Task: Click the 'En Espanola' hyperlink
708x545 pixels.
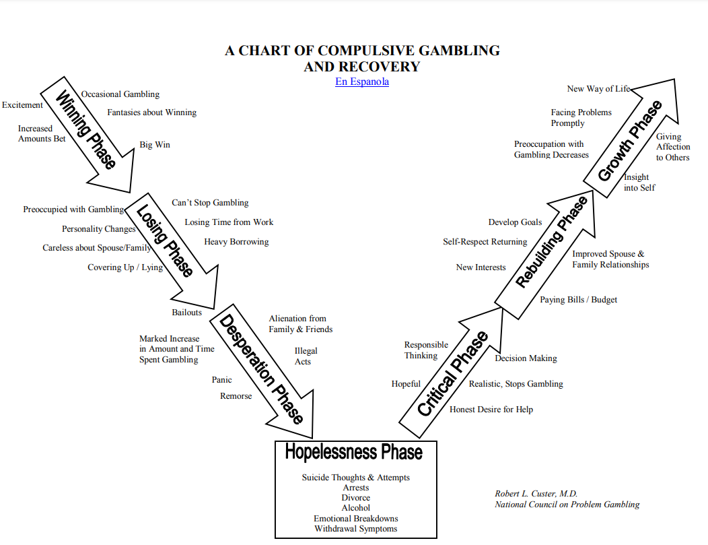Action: click(362, 82)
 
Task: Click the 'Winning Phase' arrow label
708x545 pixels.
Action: click(85, 130)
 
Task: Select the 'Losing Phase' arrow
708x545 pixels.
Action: click(165, 243)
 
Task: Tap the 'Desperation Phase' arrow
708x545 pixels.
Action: click(262, 367)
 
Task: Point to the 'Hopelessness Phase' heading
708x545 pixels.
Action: click(354, 451)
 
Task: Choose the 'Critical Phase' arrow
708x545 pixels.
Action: click(452, 375)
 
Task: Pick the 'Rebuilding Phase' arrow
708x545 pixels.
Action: click(551, 243)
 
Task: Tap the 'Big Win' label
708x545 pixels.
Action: click(155, 145)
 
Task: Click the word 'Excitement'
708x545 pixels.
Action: click(22, 105)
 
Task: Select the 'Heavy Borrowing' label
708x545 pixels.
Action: click(236, 242)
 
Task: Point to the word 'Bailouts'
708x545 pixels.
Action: click(186, 313)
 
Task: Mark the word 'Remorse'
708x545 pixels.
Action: click(236, 396)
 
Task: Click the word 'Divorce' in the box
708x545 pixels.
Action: click(355, 498)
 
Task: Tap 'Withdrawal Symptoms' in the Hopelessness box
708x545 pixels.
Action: click(355, 529)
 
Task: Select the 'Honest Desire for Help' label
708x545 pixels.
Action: click(491, 410)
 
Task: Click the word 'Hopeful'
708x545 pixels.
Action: click(406, 384)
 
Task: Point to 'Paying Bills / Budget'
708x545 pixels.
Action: click(578, 300)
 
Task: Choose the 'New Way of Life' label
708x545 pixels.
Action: click(598, 89)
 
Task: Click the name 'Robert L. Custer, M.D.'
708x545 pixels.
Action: click(536, 494)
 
